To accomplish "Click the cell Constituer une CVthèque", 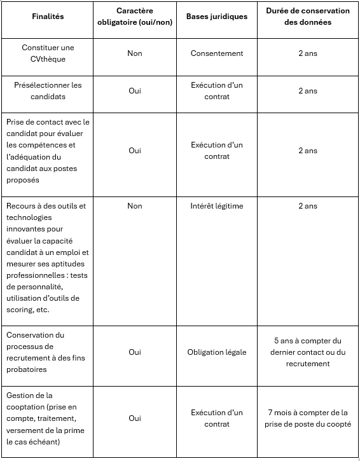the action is click(48, 53).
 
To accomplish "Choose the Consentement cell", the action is click(217, 53).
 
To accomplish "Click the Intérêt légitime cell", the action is click(217, 206).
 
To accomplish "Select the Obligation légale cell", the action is click(217, 352).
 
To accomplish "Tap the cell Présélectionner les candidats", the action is click(48, 91).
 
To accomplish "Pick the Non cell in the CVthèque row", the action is click(135, 53).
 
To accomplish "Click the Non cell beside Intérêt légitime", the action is click(135, 206).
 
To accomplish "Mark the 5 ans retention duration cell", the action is click(308, 352).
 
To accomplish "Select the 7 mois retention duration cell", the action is click(308, 418).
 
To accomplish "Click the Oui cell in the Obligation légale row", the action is click(135, 352).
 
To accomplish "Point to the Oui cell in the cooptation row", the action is click(135, 418).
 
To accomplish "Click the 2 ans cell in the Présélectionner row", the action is click(308, 91).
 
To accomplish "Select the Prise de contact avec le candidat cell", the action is click(48, 151).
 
